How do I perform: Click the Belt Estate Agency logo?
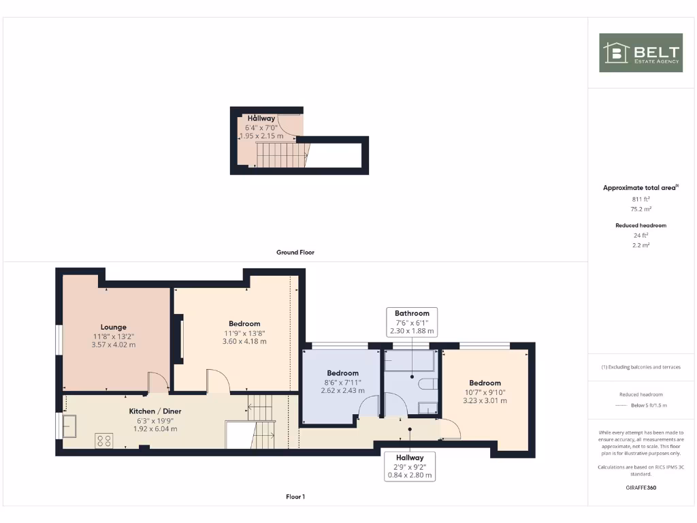pos(641,52)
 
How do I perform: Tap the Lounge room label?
pos(114,327)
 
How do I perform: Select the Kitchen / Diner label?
pos(155,411)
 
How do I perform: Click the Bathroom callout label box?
pos(412,322)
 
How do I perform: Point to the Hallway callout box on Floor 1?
pos(410,466)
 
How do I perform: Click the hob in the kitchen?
pos(104,440)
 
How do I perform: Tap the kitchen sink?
pos(70,426)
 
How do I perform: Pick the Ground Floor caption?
pos(295,252)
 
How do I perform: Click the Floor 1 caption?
pos(295,496)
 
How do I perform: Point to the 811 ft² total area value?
pos(641,199)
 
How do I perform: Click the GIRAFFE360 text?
pos(641,488)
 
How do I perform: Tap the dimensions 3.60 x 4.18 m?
pos(244,341)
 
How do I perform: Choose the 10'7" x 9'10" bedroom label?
pos(485,392)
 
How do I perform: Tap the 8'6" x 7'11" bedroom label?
pos(342,382)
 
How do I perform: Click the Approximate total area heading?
pos(641,187)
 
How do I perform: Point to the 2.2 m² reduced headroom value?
pos(641,244)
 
